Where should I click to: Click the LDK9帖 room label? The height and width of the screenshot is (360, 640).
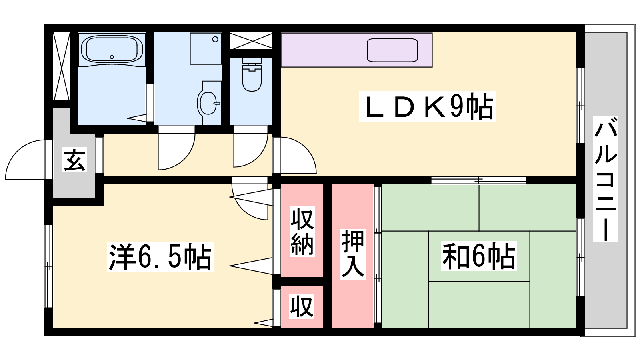coord(427,106)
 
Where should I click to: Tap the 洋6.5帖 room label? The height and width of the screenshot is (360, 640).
coord(160,256)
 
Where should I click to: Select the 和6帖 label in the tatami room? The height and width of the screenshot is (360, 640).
coord(479,256)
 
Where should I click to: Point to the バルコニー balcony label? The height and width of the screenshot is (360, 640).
coord(606,179)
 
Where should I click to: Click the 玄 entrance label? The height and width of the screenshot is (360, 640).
coord(74,160)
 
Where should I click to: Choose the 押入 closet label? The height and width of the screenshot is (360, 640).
coord(353,254)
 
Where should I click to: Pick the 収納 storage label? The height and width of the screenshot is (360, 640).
coord(302,232)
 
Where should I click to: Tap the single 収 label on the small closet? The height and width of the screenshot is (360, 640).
coord(302,306)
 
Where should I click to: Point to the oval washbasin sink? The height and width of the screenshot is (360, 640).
coord(208,103)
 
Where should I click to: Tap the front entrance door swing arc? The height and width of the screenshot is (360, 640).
coord(26,160)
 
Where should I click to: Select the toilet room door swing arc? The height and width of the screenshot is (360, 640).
coord(250,150)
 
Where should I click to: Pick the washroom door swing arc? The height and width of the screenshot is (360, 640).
coord(176,152)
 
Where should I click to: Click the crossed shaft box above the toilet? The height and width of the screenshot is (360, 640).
coord(252,41)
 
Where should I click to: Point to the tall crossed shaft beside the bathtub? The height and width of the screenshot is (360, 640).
coord(62,66)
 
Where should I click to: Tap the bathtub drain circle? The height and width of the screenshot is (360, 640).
coord(112,57)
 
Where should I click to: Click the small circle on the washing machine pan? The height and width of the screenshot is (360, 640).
coord(215,40)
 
